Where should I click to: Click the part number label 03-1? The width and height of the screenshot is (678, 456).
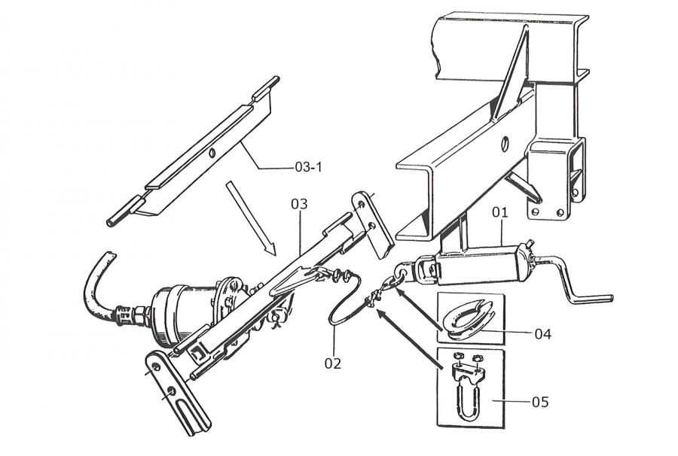[x=308, y=167]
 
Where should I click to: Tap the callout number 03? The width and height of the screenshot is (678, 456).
[x=300, y=204]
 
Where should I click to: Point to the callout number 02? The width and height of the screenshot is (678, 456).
[x=333, y=363]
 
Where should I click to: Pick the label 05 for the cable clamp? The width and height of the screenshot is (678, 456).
[x=540, y=402]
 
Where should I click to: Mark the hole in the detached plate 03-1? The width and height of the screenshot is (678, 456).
[x=213, y=154]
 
